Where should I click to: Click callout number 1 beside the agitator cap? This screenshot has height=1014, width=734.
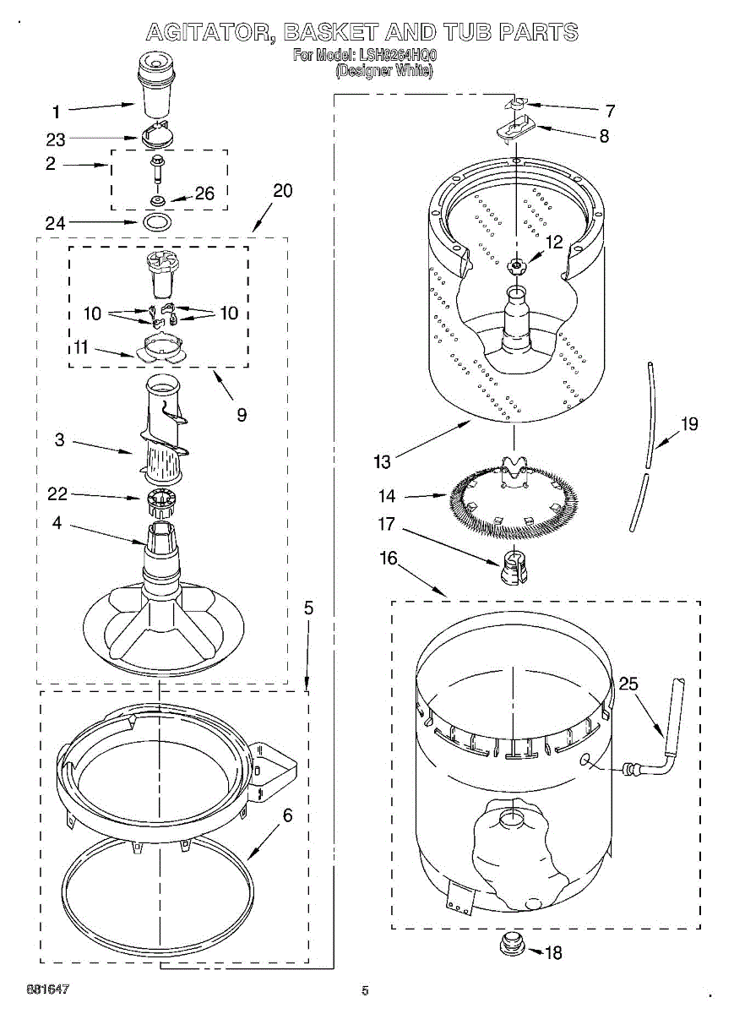coord(56,111)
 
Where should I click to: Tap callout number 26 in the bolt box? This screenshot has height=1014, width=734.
coord(204,194)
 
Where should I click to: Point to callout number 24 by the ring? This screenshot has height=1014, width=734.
coord(55,223)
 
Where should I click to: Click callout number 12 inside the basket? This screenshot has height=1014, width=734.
coord(553,242)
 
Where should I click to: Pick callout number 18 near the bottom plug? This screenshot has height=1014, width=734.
coord(552,953)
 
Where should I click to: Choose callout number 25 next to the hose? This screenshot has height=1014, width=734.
coord(628,684)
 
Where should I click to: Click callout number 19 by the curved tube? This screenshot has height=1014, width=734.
coord(689,423)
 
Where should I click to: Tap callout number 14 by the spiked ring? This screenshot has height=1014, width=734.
coord(387,496)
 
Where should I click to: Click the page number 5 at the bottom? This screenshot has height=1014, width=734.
coord(365,990)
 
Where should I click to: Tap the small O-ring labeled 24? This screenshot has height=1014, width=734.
coord(157,223)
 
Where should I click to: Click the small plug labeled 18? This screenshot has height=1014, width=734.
coord(512,943)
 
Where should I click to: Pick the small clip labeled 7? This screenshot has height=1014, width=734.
coord(516,104)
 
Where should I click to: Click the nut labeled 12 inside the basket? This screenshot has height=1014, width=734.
coord(516,267)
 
